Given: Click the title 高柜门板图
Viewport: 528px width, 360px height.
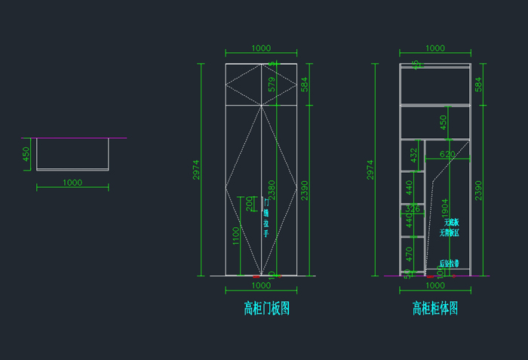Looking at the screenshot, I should pos(266,308).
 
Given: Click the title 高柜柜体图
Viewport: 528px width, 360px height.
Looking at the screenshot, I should pos(434,308).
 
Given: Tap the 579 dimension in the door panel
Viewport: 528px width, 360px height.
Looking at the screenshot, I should pos(272,85).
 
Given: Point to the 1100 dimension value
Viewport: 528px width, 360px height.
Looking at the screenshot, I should pos(236,235).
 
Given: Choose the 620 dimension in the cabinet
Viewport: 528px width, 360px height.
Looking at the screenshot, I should pos(447,154).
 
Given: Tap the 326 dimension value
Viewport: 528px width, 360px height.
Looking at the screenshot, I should pos(412,208).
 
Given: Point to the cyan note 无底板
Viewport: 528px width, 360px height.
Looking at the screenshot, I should pos(451,222).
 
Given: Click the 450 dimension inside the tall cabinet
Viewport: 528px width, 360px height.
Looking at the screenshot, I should pos(444,121).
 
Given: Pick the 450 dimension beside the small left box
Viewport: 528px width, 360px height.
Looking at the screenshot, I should pos(26,154).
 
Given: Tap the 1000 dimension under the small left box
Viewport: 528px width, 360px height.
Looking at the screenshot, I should pos(72,183).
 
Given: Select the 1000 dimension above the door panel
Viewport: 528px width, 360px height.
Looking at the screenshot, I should pos(261,48).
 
